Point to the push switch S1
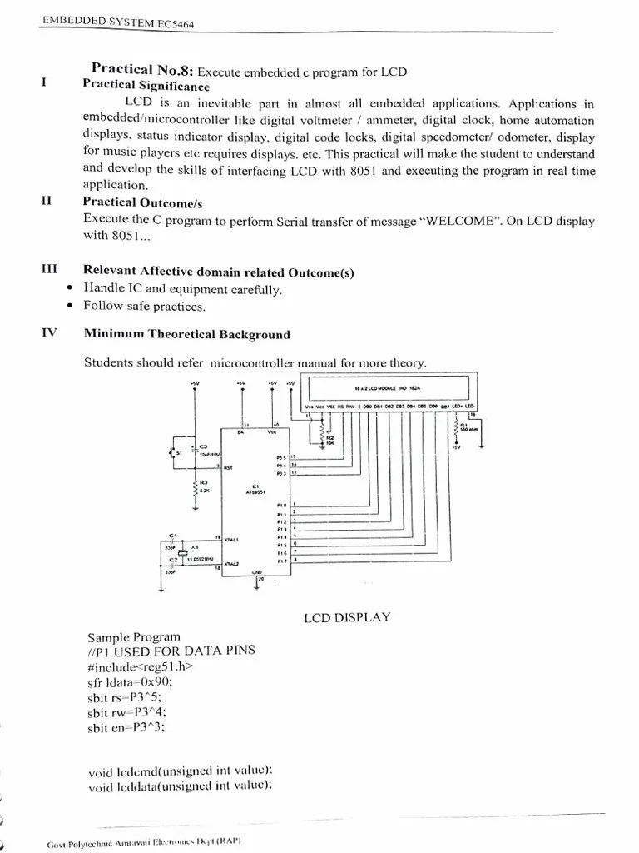pos(174,452)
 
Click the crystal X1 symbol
pos(192,551)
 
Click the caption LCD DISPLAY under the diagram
pos(348,617)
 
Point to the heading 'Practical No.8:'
pos(142,71)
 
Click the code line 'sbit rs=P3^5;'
pos(126,697)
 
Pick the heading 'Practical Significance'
pos(146,86)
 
